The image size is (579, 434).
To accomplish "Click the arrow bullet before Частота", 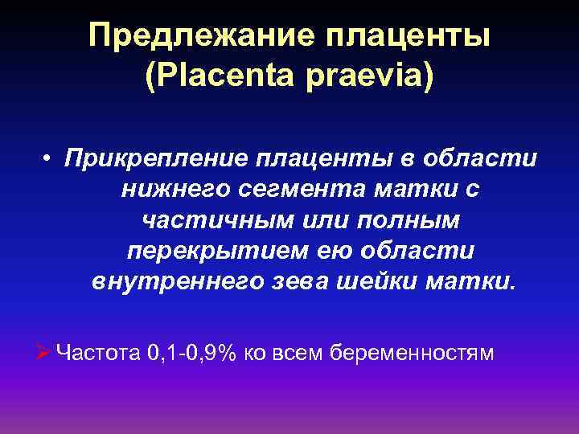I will coord(44,352).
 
